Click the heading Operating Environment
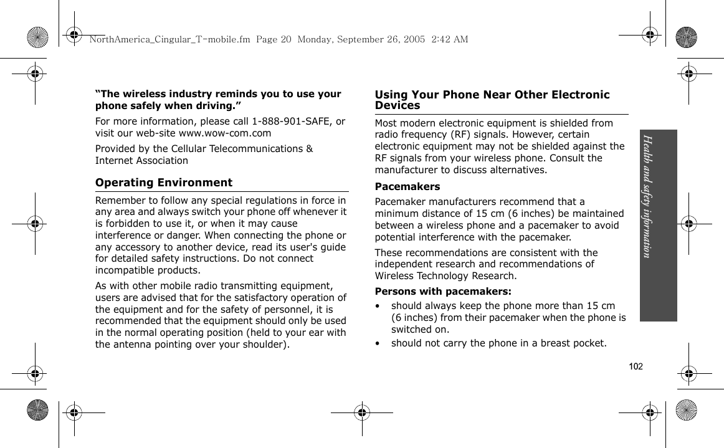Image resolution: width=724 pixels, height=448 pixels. pyautogui.click(x=164, y=183)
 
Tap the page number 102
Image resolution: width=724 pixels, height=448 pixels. pyautogui.click(x=636, y=366)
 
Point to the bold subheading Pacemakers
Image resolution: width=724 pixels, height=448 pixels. pyautogui.click(x=407, y=186)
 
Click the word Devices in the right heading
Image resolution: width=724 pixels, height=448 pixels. pyautogui.click(x=398, y=105)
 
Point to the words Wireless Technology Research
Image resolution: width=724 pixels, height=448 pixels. pyautogui.click(x=445, y=276)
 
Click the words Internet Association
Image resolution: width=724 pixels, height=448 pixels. pyautogui.click(x=141, y=160)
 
